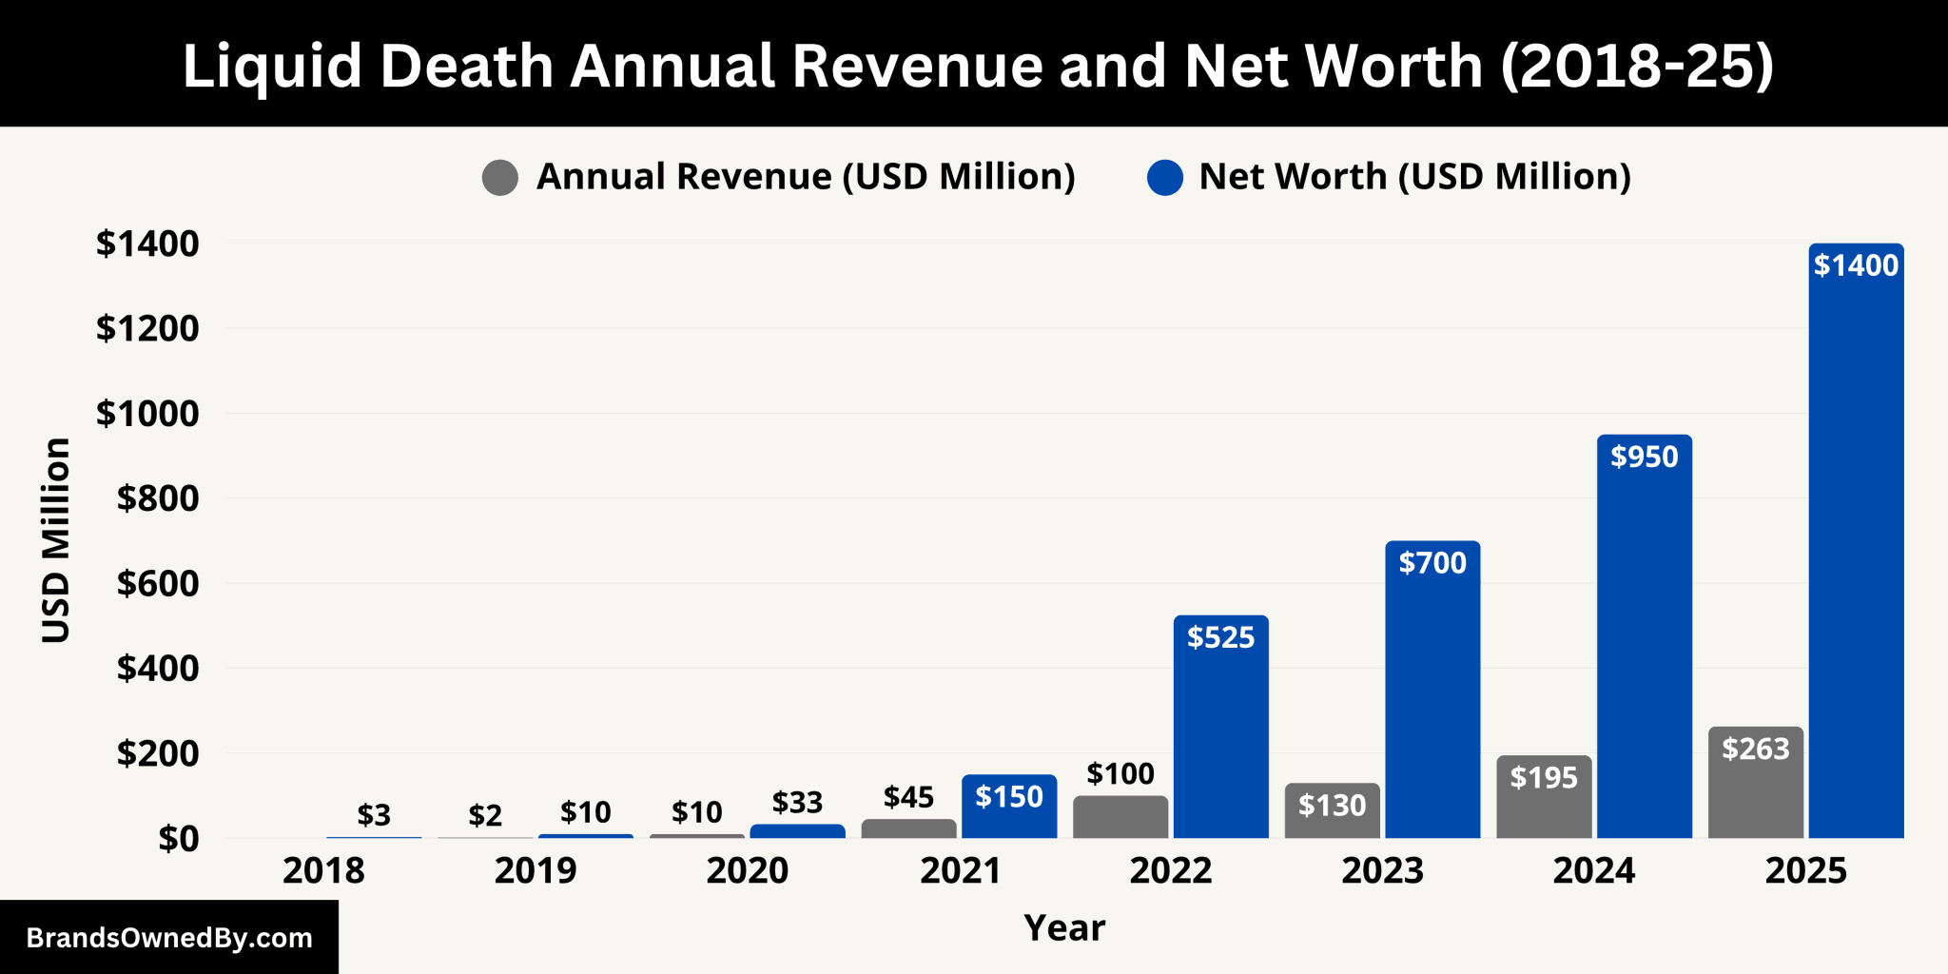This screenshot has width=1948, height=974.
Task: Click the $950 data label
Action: pos(1644,457)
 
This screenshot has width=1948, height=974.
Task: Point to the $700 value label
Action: pos(1432,563)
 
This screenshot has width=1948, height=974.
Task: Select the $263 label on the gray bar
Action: pos(1755,750)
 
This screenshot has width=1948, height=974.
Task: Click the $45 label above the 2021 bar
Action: pos(908,797)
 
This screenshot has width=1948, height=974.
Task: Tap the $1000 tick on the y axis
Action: pos(147,414)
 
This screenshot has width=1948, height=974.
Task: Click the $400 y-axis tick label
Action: pos(158,669)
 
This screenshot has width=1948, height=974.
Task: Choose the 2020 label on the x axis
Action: pos(747,870)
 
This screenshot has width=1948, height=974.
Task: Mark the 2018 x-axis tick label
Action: pos(323,870)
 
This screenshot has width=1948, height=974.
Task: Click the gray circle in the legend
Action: pos(500,178)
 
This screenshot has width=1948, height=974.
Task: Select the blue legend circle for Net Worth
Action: pos(1164,178)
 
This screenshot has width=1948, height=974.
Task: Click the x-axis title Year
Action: pos(1064,927)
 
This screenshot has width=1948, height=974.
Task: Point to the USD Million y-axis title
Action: pos(56,540)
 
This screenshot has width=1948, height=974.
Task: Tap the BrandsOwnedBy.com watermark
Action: pos(169,938)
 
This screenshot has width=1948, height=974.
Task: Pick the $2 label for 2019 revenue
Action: pos(485,815)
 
